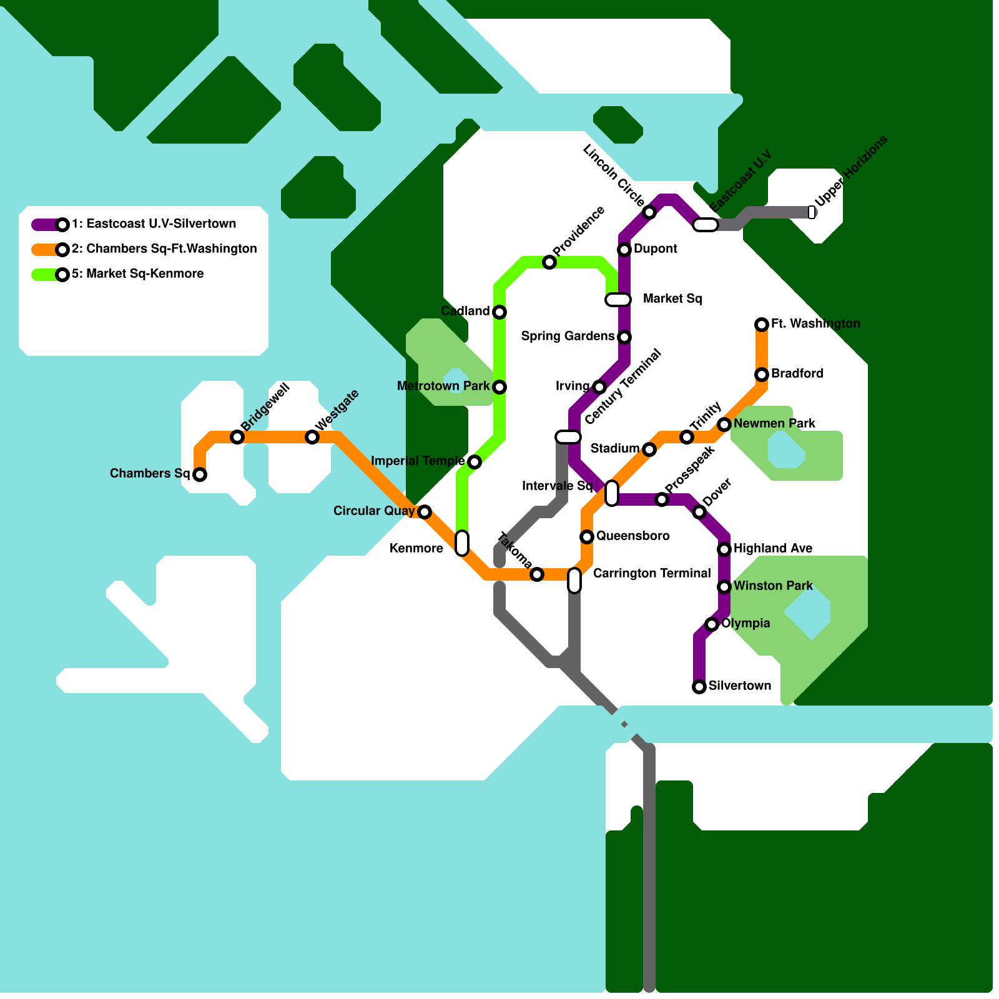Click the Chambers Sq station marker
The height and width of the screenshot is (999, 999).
[x=200, y=475]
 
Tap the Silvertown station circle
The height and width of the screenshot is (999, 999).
[x=699, y=687]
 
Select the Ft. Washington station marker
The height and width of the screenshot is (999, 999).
[x=762, y=325]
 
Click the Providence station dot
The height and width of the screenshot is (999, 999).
[x=549, y=262]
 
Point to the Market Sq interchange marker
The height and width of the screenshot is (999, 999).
[x=618, y=300]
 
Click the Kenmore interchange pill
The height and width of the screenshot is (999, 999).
[x=462, y=543]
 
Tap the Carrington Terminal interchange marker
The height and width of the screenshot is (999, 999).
[x=574, y=581]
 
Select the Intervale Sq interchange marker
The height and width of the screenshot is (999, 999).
[x=612, y=493]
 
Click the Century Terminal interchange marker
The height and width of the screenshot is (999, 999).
[x=568, y=437]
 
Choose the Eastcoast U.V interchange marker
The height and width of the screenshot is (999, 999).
[x=706, y=225]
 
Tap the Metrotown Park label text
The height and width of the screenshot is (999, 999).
[x=443, y=386]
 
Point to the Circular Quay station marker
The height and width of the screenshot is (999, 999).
[x=425, y=512]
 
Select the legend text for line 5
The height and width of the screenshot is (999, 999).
[x=137, y=274]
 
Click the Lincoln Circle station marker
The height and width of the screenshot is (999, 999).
[x=649, y=213]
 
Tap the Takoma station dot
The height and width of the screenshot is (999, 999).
[x=537, y=574]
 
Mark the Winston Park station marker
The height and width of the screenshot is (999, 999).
[x=724, y=587]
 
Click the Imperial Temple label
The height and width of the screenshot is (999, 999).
[x=417, y=461]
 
